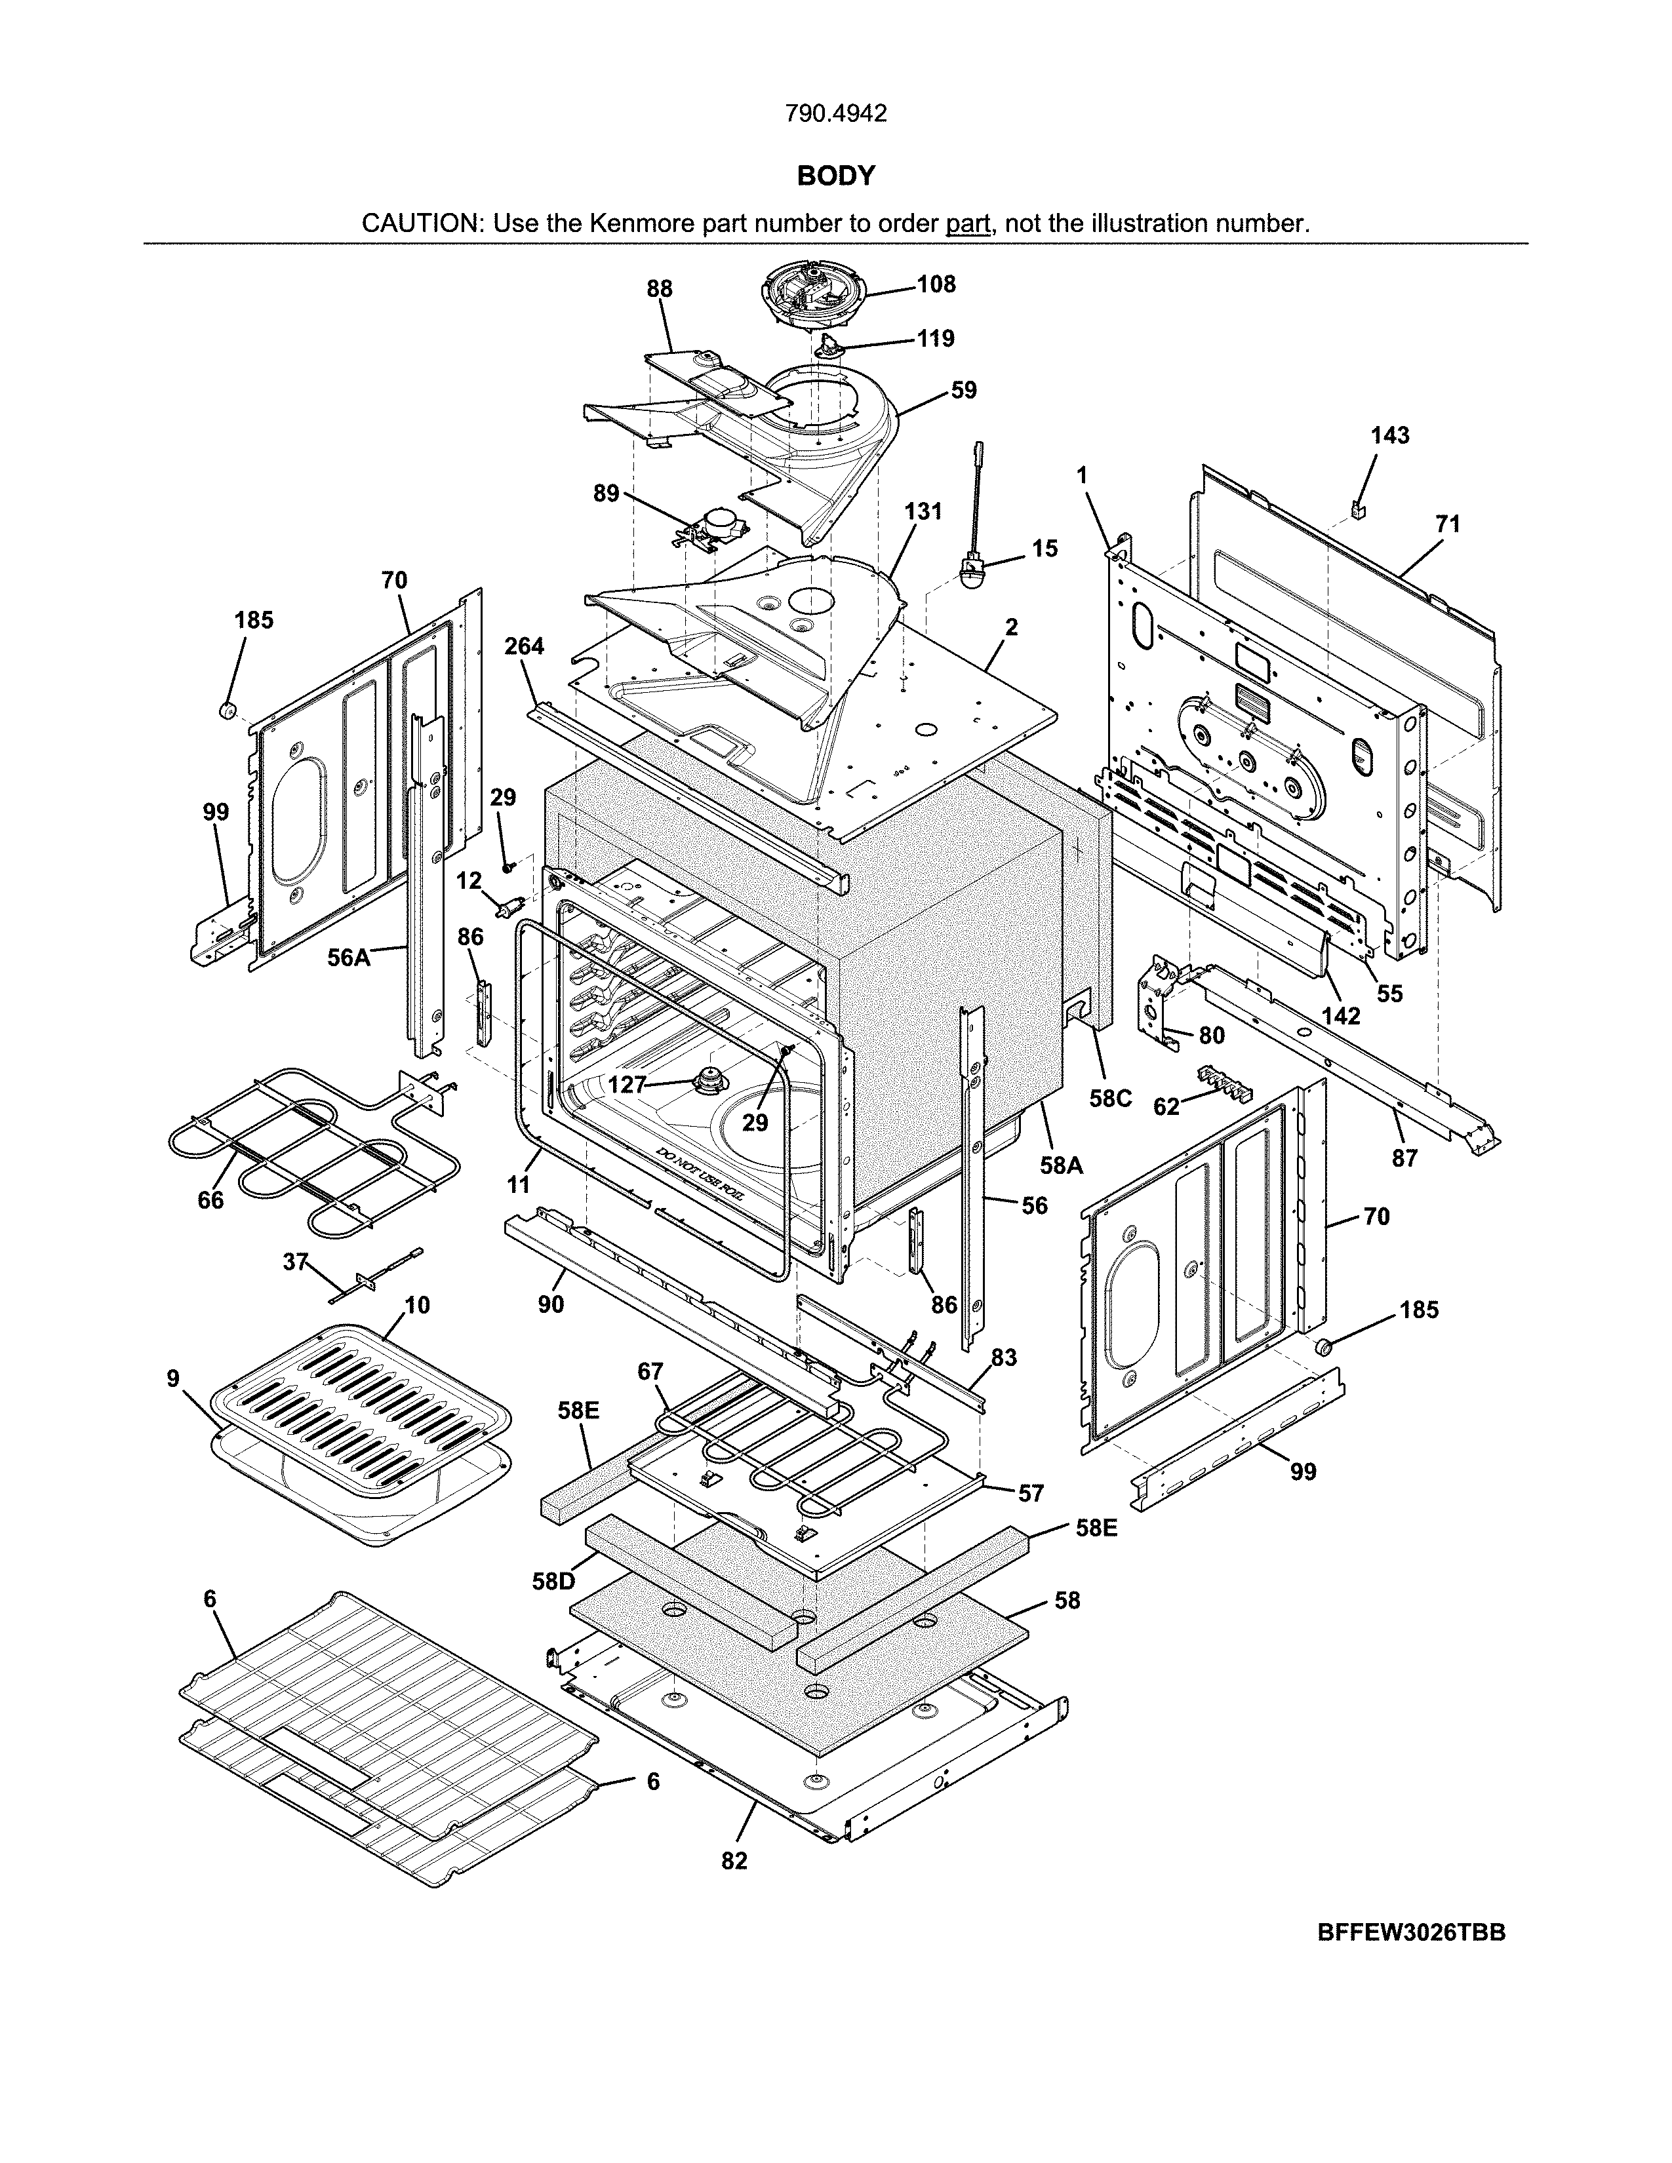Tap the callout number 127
(x=627, y=1085)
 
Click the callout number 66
(x=211, y=1200)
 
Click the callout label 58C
(x=1110, y=1099)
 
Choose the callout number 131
(x=922, y=511)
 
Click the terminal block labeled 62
(x=1224, y=1083)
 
